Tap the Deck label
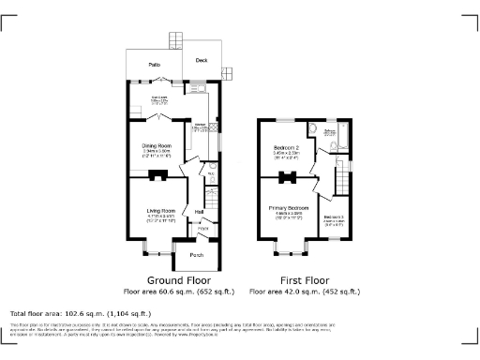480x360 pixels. (x=202, y=60)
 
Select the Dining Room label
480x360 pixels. (x=157, y=146)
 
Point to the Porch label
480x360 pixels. (x=197, y=255)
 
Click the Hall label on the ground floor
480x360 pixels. (x=200, y=212)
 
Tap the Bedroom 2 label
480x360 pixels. (x=286, y=149)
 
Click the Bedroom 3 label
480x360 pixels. (x=335, y=217)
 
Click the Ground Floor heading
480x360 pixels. (x=179, y=279)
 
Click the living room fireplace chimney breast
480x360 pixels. (x=159, y=175)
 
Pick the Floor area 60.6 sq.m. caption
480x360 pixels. (x=179, y=291)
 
